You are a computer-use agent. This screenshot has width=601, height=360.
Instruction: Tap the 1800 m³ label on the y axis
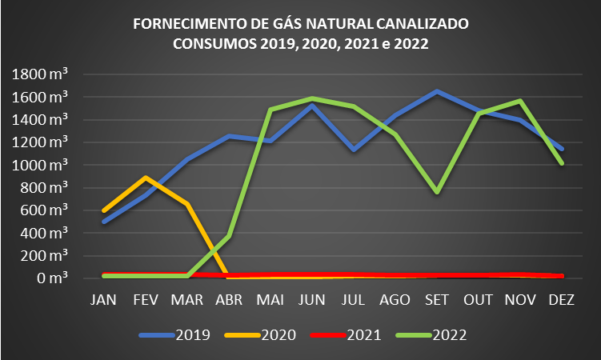point(40,74)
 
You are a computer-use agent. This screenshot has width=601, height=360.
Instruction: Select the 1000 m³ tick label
point(40,165)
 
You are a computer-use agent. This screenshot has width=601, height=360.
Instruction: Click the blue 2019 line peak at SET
point(437,91)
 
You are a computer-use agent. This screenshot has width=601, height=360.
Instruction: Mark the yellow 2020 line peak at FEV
point(146,178)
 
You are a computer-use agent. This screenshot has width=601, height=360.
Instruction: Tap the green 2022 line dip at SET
point(437,193)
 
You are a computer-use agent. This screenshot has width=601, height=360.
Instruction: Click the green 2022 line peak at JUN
point(312,98)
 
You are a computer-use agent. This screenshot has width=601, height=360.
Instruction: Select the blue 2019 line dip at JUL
point(354,150)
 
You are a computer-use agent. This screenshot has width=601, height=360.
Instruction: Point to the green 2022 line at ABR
point(229,236)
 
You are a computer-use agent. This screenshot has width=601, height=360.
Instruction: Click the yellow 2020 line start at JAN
point(105,210)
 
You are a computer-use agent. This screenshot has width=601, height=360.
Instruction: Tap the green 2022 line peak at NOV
point(520,102)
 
